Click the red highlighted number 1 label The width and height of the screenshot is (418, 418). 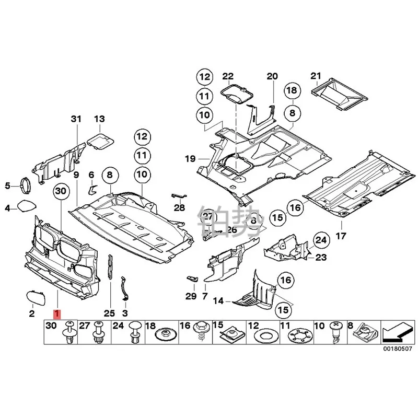56,314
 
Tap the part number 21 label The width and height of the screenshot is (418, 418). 315,76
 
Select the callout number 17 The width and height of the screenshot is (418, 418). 341,236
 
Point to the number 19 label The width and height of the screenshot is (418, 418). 189,157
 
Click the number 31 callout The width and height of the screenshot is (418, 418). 76,120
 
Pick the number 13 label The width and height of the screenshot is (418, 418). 99,120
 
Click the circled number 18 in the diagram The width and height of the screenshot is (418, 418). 292,91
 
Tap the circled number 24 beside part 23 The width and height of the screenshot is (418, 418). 320,240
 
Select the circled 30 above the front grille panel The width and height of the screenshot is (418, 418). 61,192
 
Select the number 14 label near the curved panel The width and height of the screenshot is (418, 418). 218,301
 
